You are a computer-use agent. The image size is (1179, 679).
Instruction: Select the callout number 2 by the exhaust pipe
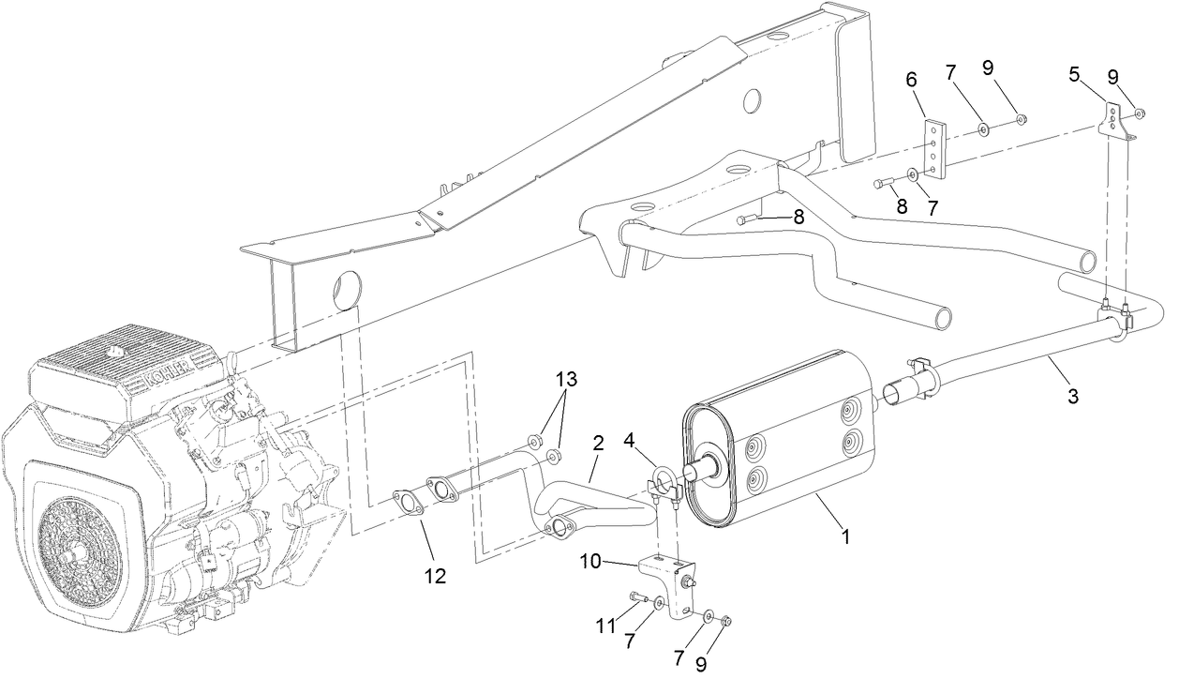(596, 443)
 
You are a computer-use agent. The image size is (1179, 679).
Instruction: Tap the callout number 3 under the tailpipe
(1072, 396)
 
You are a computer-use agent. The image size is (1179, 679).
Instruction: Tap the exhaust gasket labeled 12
(408, 503)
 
